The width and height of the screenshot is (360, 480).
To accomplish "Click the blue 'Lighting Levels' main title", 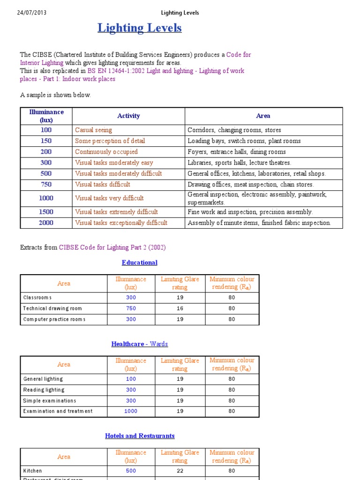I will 139,28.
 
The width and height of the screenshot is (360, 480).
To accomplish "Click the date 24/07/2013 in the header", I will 31,13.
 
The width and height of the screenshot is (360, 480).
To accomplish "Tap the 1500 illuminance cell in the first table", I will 46,212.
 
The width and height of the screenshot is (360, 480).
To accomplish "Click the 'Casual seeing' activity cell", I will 94,130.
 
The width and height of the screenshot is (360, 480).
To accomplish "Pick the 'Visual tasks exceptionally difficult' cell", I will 121,223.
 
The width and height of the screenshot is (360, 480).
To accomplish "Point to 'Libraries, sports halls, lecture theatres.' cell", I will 239,163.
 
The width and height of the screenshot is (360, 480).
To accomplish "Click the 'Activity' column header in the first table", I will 128,116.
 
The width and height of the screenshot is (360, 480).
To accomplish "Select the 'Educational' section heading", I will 139,262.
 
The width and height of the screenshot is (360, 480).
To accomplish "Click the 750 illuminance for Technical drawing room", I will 131,308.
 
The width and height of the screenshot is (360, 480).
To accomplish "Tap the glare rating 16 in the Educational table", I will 180,308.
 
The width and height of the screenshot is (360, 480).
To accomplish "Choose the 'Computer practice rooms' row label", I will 54,319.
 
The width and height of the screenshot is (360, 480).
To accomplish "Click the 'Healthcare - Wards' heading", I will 139,344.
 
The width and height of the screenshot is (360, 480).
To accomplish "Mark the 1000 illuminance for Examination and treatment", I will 131,411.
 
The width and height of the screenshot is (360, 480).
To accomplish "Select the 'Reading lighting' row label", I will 44,390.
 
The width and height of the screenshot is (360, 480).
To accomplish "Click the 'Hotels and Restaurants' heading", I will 140,436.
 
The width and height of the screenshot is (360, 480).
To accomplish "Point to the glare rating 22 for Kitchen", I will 180,471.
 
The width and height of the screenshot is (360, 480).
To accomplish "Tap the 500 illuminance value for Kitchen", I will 131,471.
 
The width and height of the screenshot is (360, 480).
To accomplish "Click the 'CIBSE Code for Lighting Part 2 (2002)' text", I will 112,247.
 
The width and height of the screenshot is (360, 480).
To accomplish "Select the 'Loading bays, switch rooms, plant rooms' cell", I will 244,141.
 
